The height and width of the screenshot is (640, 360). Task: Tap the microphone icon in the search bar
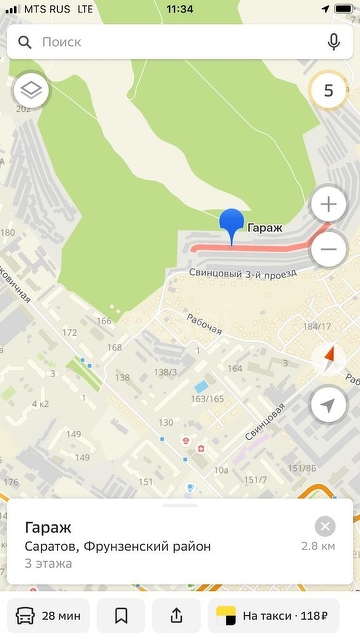[x=333, y=43]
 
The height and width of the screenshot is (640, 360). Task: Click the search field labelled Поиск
[x=170, y=43]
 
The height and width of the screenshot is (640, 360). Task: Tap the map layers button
[x=31, y=91]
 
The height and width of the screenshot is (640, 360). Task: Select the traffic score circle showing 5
[x=328, y=91]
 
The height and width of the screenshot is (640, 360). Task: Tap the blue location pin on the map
[x=232, y=224]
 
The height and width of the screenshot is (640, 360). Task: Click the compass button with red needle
[x=328, y=357]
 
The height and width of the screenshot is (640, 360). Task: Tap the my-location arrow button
[x=328, y=405]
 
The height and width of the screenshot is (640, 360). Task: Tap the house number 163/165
[x=207, y=399]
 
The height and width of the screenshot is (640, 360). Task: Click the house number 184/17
[x=317, y=327]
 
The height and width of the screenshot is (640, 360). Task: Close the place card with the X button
[x=325, y=526]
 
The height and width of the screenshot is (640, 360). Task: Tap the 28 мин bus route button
[x=48, y=615]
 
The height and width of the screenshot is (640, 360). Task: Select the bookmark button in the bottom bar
[x=121, y=615]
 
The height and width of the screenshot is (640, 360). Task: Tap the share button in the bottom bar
[x=177, y=615]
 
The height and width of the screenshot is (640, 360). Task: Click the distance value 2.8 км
[x=318, y=547]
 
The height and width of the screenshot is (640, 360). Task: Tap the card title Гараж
[x=50, y=527]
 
